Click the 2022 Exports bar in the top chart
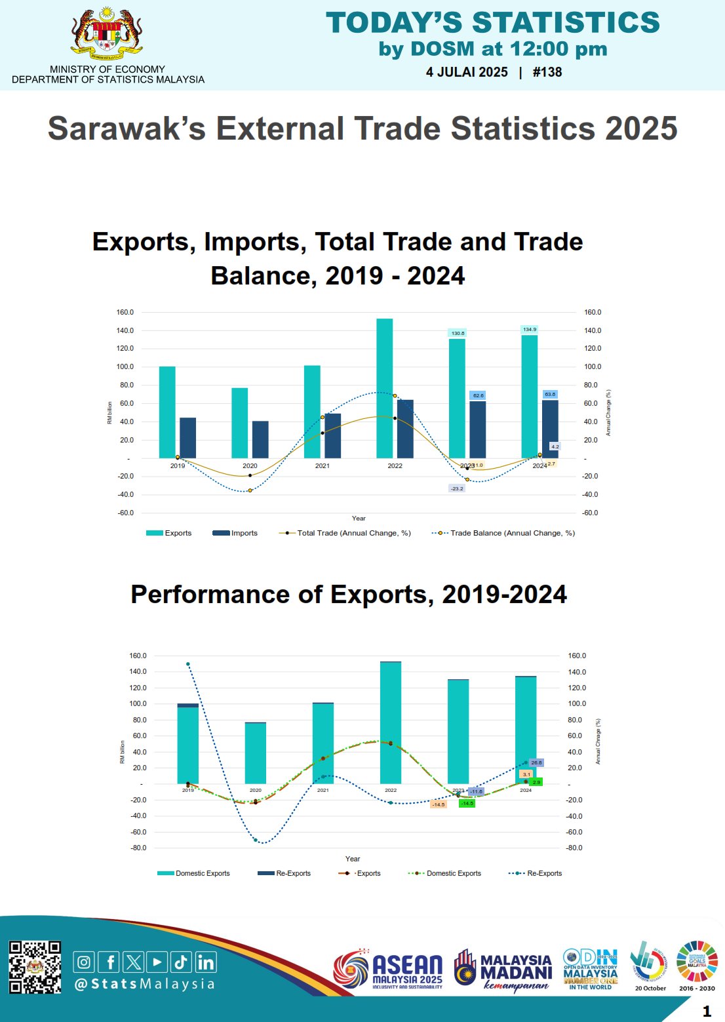385,388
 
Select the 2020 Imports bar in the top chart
260,439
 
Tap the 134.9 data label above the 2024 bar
530,329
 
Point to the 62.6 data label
479,395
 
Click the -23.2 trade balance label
457,488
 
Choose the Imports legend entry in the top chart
235,533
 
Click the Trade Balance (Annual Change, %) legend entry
503,533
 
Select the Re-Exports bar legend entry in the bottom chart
284,873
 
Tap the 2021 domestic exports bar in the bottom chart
323,744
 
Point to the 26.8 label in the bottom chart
536,762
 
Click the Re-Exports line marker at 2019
188,664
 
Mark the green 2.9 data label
536,782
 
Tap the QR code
35,967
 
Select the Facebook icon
109,962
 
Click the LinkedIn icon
205,962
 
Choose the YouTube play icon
157,962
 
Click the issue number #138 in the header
547,72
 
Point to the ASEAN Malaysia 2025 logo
388,969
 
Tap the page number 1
707,1011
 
